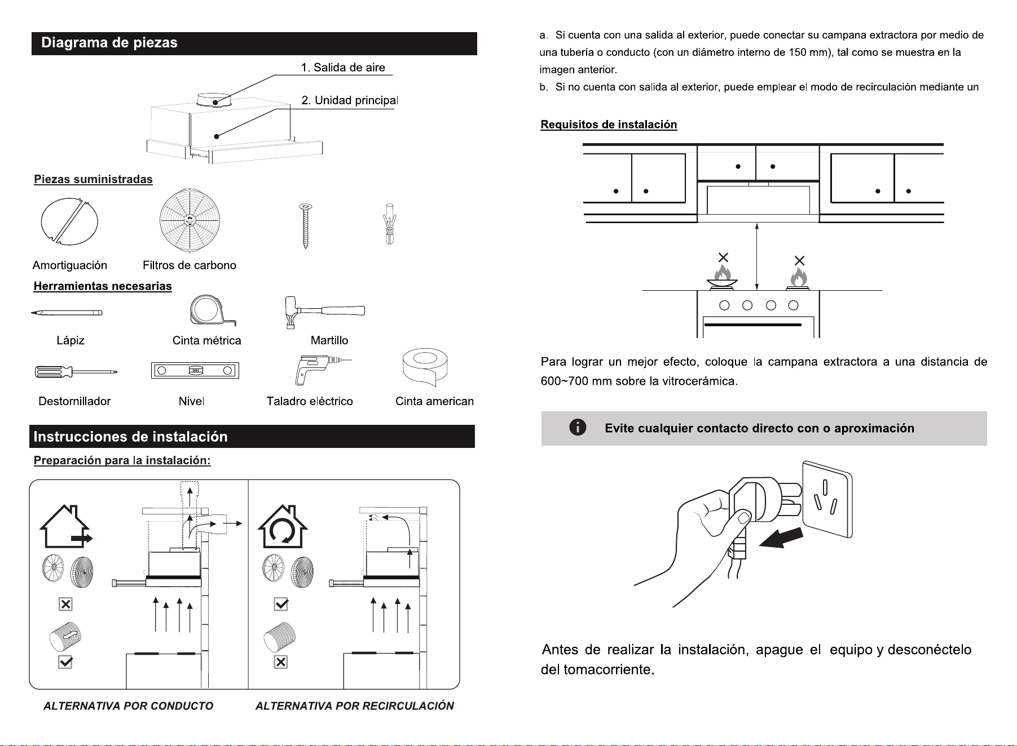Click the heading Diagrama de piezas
click(x=109, y=43)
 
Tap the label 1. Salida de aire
click(x=343, y=68)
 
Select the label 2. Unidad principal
click(x=350, y=100)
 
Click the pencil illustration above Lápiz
click(x=67, y=312)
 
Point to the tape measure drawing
click(x=212, y=310)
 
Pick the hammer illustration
click(x=324, y=312)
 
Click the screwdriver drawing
click(x=76, y=372)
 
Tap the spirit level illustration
click(x=195, y=370)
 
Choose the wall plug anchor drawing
click(x=389, y=224)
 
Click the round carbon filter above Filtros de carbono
click(x=190, y=220)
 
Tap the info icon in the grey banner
click(x=578, y=428)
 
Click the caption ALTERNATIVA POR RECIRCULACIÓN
click(x=354, y=706)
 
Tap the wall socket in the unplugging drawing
click(x=827, y=499)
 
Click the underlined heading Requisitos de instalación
click(x=609, y=125)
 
